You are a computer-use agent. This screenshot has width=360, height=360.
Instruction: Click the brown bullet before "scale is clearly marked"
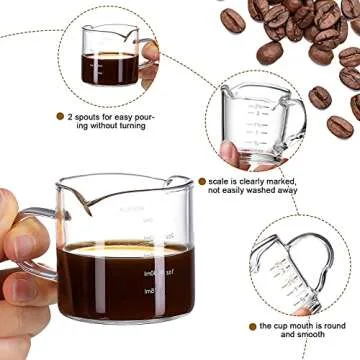coord(202,182)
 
